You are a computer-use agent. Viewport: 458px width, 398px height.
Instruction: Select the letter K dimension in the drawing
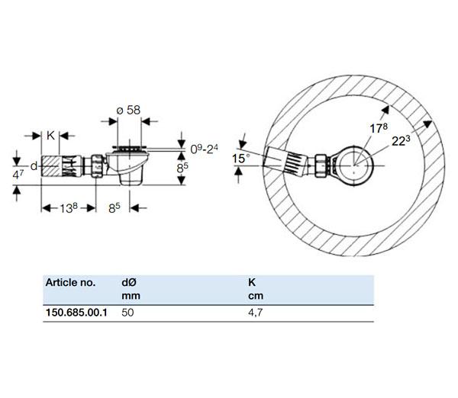pyautogui.click(x=50, y=136)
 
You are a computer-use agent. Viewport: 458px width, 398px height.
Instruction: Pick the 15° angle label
pyautogui.click(x=240, y=158)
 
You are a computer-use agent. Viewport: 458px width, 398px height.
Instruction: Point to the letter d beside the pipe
pyautogui.click(x=34, y=165)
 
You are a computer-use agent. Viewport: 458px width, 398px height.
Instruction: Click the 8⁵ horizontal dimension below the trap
pyautogui.click(x=114, y=206)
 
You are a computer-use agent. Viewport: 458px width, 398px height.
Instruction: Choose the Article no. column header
pyautogui.click(x=70, y=282)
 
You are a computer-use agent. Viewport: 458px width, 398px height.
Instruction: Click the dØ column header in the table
pyautogui.click(x=130, y=282)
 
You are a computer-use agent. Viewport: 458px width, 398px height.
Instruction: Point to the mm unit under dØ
pyautogui.click(x=130, y=296)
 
